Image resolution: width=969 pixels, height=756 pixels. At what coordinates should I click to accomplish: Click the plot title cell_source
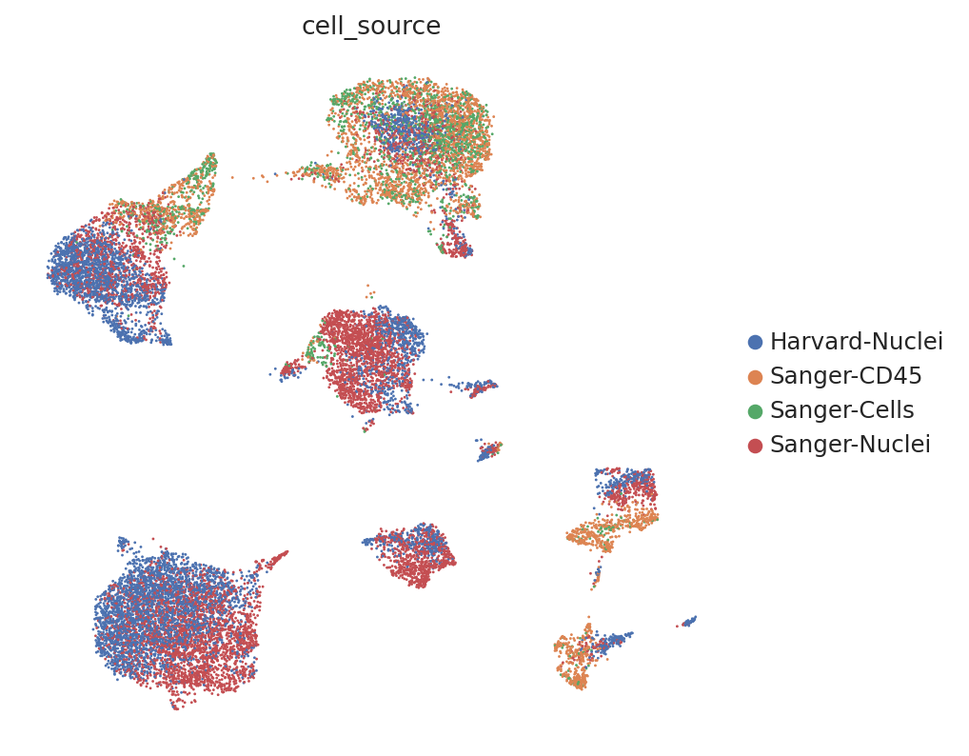(x=371, y=27)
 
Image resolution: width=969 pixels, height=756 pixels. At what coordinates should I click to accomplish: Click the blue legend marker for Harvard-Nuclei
(x=755, y=342)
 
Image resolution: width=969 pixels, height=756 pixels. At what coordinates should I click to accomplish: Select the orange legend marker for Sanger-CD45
(x=755, y=376)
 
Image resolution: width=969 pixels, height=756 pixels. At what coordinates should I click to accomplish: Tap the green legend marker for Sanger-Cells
(x=755, y=411)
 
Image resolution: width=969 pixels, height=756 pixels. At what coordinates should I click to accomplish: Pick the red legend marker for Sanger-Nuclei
(x=755, y=445)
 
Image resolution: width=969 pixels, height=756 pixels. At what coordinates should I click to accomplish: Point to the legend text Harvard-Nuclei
(x=857, y=341)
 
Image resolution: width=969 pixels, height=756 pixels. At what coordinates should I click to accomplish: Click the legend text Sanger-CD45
(x=846, y=376)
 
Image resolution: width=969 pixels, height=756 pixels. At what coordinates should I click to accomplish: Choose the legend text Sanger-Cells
(x=842, y=410)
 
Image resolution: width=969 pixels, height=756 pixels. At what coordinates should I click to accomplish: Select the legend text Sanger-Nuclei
(x=850, y=445)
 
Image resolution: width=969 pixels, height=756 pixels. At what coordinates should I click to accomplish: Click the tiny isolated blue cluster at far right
(x=688, y=621)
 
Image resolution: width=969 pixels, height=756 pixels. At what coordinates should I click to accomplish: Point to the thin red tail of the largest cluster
(x=272, y=560)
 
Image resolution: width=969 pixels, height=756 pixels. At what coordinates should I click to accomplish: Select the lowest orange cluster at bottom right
(x=575, y=655)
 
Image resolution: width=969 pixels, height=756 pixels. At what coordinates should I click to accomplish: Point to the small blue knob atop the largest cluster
(x=124, y=544)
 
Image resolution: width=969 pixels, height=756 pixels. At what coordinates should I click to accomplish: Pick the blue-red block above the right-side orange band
(x=625, y=488)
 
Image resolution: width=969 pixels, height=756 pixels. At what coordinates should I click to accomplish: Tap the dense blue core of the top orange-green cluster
(x=401, y=128)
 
